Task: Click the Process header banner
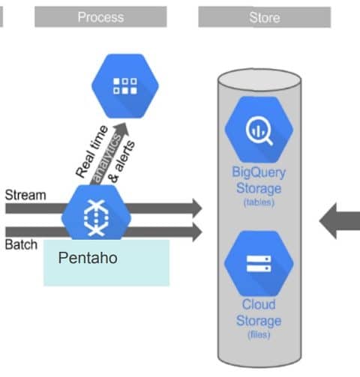click(x=100, y=16)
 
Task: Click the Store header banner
click(x=265, y=17)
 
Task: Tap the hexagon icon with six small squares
click(x=125, y=86)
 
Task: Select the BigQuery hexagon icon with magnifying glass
click(x=259, y=130)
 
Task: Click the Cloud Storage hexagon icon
click(x=259, y=263)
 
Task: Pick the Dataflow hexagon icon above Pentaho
click(x=96, y=214)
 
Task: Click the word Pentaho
click(x=88, y=258)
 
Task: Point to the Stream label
click(x=25, y=195)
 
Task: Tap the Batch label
click(x=21, y=244)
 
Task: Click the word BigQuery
click(x=259, y=172)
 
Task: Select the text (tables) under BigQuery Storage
click(x=259, y=202)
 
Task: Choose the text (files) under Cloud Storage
click(x=259, y=334)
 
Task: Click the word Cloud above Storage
click(x=259, y=304)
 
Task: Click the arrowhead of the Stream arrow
click(x=197, y=208)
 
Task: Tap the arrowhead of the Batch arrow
click(x=197, y=232)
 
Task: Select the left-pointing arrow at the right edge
click(x=340, y=221)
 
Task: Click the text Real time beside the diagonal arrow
click(x=91, y=151)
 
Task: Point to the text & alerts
click(x=121, y=162)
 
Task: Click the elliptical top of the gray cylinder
click(x=259, y=80)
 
